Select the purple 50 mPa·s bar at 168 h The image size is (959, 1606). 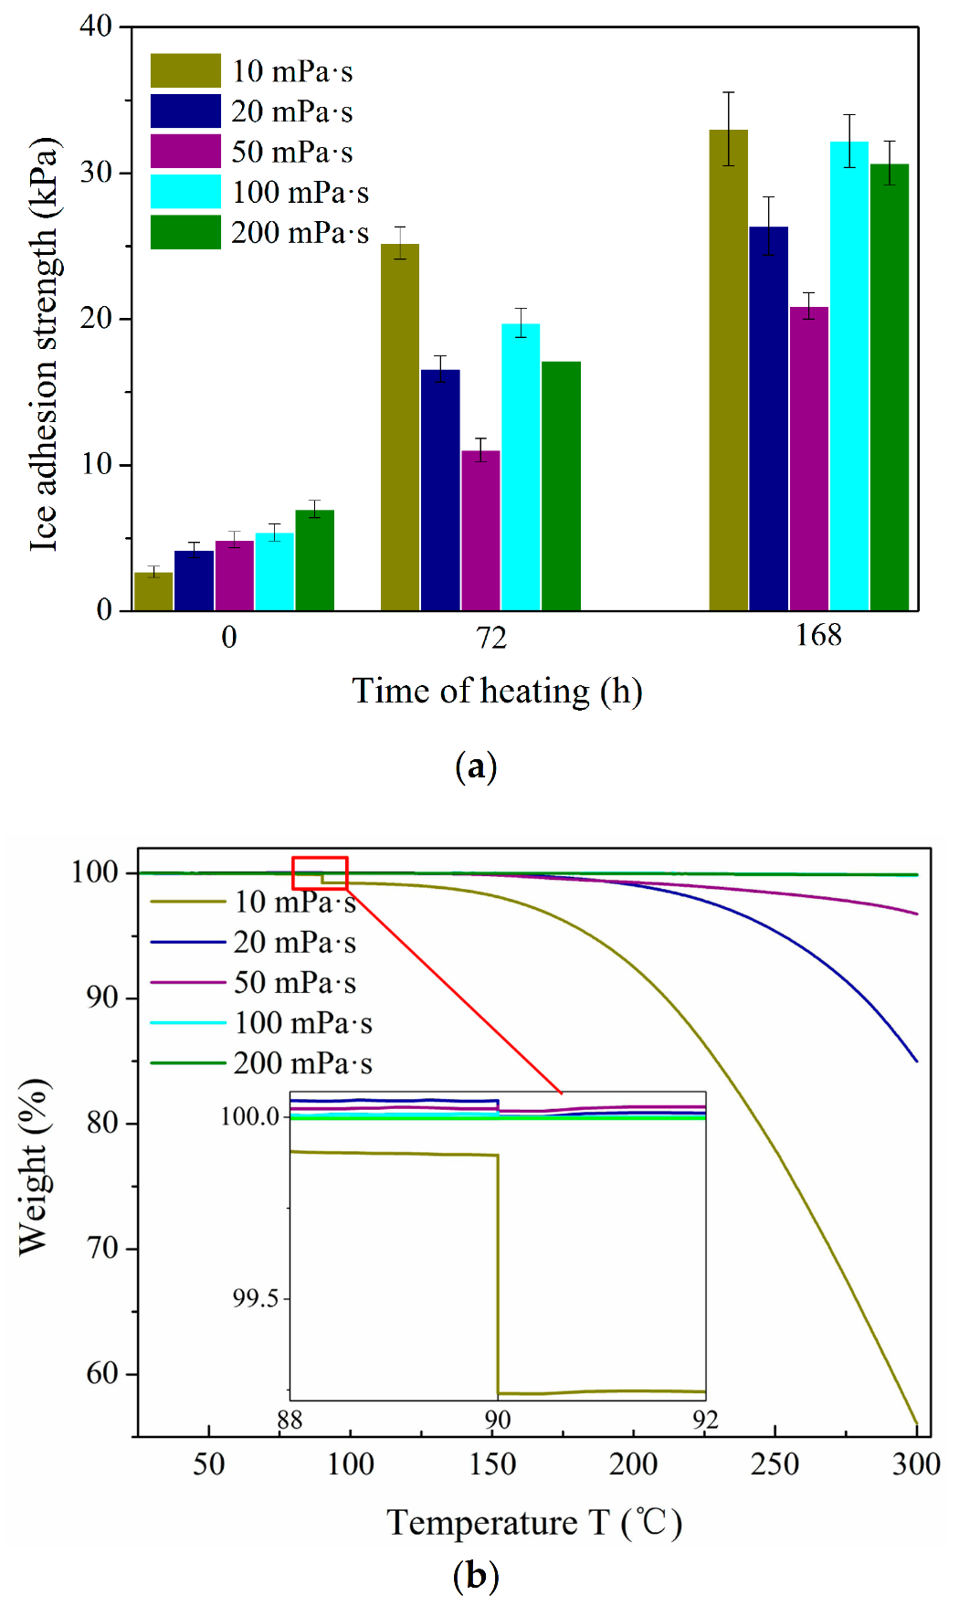click(809, 459)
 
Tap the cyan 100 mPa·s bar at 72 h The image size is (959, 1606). click(521, 467)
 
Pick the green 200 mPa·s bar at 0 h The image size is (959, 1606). click(315, 560)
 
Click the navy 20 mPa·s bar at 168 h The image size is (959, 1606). click(768, 418)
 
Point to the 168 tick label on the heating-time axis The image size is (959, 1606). click(817, 636)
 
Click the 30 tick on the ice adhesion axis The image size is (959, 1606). click(96, 173)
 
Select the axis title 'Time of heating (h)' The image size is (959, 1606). click(497, 692)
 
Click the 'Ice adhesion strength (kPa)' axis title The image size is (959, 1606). click(44, 344)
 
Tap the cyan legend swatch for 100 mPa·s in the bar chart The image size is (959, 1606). click(185, 192)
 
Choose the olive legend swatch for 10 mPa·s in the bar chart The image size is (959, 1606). click(185, 70)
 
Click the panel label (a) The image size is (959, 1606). click(476, 766)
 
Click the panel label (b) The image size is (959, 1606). click(476, 1576)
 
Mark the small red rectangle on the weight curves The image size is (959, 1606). click(320, 872)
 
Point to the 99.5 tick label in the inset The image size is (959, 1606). click(255, 1298)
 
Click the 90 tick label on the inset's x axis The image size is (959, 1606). click(498, 1420)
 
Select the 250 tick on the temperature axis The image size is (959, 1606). click(775, 1464)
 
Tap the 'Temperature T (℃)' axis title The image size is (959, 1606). click(534, 1523)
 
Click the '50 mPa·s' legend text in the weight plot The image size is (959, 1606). click(294, 983)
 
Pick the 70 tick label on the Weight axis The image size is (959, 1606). click(102, 1248)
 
